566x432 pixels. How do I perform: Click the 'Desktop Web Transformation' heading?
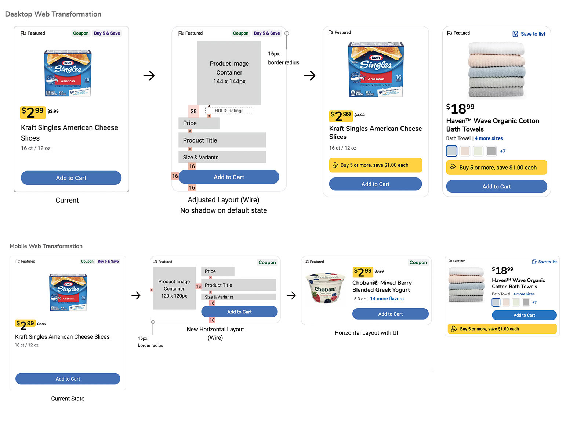pyautogui.click(x=53, y=14)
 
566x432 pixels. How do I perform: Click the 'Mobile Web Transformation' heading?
pyautogui.click(x=46, y=246)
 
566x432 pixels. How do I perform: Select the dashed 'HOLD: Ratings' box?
pyautogui.click(x=229, y=111)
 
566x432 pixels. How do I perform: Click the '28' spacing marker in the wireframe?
pyautogui.click(x=193, y=111)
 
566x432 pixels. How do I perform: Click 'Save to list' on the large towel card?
pyautogui.click(x=529, y=34)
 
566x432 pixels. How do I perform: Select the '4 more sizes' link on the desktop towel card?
pyautogui.click(x=489, y=138)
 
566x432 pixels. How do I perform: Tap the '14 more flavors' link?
pyautogui.click(x=387, y=299)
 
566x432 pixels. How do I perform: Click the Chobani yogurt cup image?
pyautogui.click(x=326, y=288)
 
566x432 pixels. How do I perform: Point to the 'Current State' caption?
pyautogui.click(x=68, y=399)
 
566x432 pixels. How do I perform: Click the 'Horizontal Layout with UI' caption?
pyautogui.click(x=366, y=333)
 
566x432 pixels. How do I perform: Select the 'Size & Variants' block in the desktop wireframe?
pyautogui.click(x=222, y=157)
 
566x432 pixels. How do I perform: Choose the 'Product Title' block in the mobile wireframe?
pyautogui.click(x=239, y=285)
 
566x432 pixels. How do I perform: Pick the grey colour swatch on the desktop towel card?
pyautogui.click(x=491, y=151)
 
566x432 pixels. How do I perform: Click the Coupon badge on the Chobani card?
pyautogui.click(x=418, y=262)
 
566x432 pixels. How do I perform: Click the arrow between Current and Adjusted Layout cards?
pyautogui.click(x=149, y=76)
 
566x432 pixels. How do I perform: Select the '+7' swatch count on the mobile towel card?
pyautogui.click(x=534, y=302)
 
